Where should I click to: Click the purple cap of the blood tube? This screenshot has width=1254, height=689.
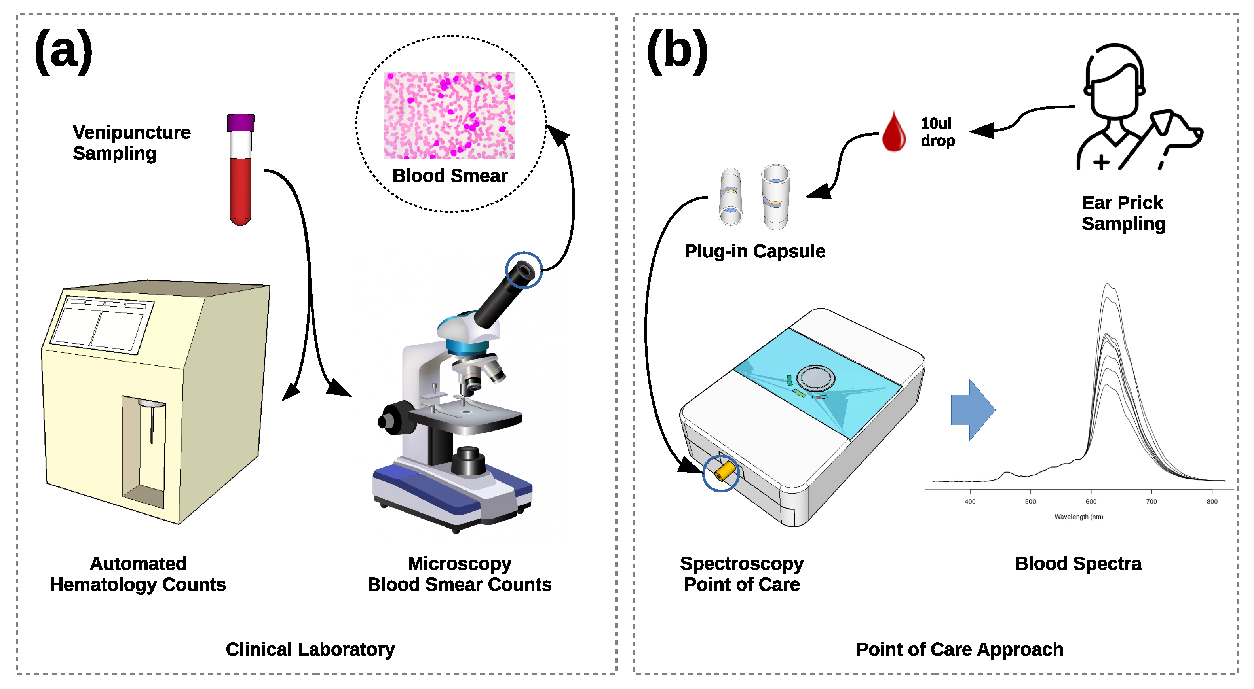coord(241,123)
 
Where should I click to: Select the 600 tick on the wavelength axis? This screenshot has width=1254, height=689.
coord(1091,501)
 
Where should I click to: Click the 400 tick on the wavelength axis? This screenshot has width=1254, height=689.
coord(970,501)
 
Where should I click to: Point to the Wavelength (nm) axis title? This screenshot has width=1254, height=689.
coord(1078,517)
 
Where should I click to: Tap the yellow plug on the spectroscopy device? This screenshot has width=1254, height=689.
coord(724,471)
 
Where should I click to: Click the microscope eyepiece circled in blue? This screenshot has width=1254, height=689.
coord(524,270)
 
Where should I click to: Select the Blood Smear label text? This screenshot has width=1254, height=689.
coord(449,176)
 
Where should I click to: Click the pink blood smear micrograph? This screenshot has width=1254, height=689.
coord(449,115)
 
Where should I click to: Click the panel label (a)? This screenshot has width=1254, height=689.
coord(63,51)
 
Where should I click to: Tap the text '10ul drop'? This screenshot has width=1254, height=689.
coord(937,132)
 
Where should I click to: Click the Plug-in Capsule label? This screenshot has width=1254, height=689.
coord(754,251)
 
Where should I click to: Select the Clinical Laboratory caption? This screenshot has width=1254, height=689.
coord(310,649)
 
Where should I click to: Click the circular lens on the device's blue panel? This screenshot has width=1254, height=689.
coord(815,378)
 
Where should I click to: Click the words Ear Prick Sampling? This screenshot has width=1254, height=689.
coord(1123,213)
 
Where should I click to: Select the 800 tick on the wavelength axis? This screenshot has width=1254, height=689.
coord(1212,501)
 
